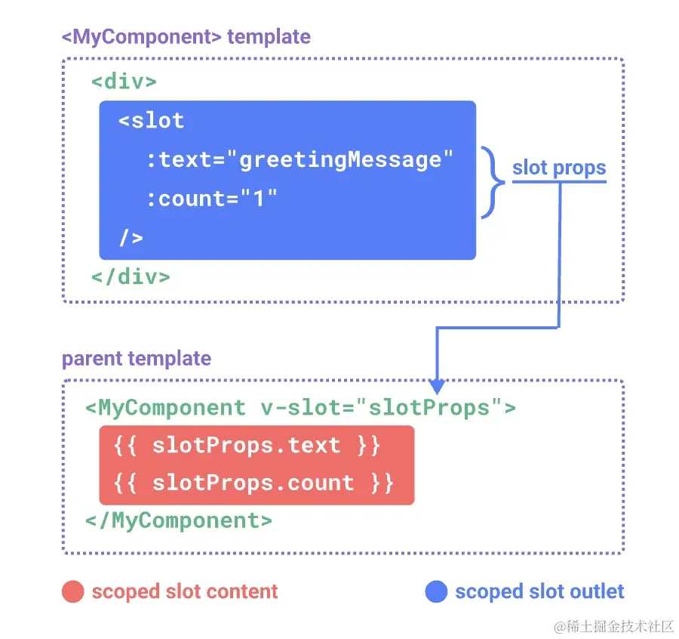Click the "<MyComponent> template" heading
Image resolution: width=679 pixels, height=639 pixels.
(186, 36)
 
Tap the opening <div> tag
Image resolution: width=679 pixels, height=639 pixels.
(124, 81)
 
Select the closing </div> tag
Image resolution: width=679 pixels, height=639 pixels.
(131, 276)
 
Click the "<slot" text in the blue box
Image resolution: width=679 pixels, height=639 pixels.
(151, 120)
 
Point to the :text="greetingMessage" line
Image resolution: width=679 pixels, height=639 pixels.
(300, 159)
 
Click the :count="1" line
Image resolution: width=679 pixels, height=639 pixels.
(212, 199)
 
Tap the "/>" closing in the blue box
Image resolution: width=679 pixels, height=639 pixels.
(131, 238)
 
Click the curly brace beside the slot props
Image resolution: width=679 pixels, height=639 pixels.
(494, 179)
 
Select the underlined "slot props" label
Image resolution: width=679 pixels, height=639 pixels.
(559, 168)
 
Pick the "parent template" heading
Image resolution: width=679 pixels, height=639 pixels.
(137, 358)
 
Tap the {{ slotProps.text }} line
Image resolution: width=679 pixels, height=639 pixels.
(247, 446)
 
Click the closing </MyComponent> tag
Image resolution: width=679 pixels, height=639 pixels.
(179, 520)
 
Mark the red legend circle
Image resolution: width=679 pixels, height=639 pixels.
(72, 592)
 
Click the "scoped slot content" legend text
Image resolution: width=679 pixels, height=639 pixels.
(185, 592)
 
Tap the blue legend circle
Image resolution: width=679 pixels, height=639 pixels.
(436, 592)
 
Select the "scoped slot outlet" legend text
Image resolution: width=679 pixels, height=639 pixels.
(539, 592)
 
